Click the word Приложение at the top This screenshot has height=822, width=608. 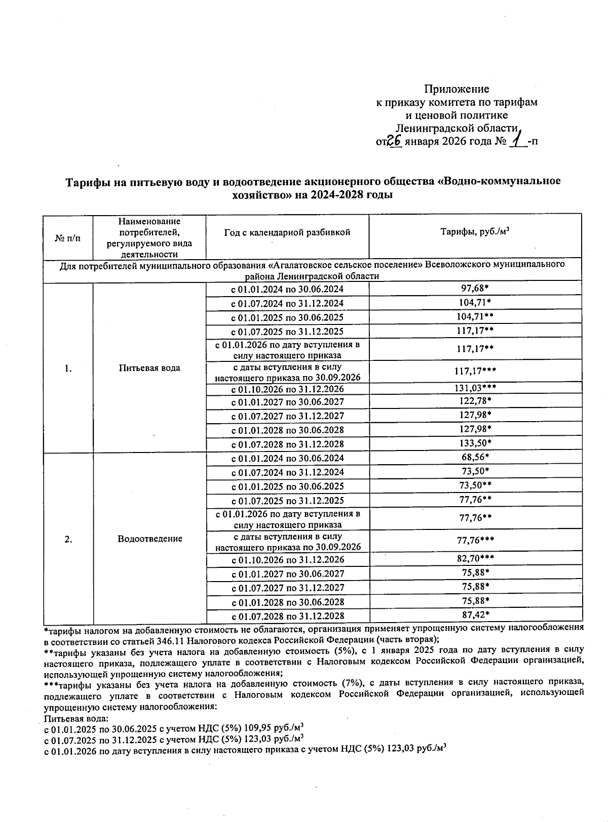[x=456, y=89]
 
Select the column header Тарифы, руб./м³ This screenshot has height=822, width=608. [x=475, y=232]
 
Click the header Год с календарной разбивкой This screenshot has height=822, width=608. [x=287, y=232]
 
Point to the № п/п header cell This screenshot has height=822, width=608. [x=67, y=238]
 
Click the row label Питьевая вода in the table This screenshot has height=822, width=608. [x=149, y=368]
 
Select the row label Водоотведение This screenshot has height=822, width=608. [x=149, y=539]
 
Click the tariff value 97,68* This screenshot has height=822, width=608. [x=475, y=289]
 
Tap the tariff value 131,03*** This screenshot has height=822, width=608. [x=475, y=388]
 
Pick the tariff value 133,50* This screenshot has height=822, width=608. [x=475, y=443]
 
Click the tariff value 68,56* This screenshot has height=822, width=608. [x=475, y=458]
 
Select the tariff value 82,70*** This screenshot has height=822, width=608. [x=475, y=559]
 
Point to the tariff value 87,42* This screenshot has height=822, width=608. [x=475, y=615]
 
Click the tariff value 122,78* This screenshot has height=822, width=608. [x=475, y=401]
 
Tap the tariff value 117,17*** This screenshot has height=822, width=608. [x=475, y=372]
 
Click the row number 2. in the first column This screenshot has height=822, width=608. [x=68, y=539]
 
